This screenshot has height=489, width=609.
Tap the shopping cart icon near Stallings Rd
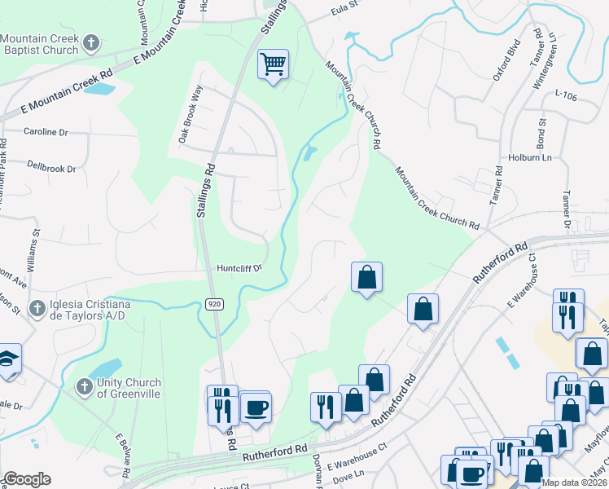[274, 63]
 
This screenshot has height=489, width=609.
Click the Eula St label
[344, 11]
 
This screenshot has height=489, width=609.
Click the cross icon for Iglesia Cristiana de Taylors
[36, 308]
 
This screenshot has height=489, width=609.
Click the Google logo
[26, 479]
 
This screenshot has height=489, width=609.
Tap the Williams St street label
[33, 254]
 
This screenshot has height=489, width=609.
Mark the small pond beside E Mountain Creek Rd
[98, 88]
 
